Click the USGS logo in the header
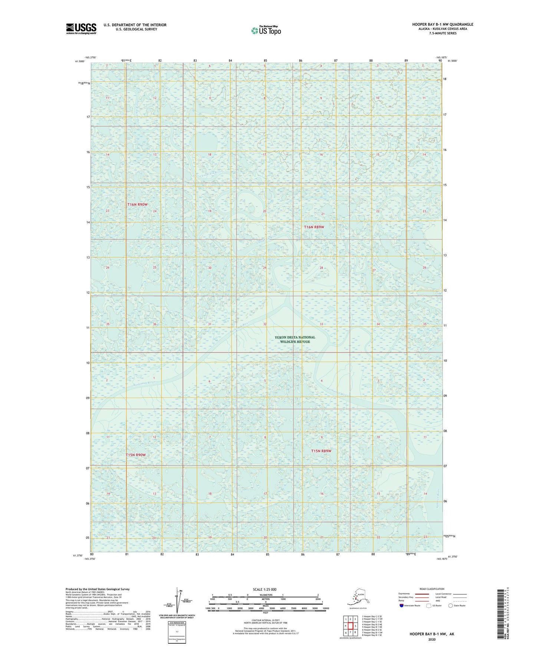[x=81, y=29]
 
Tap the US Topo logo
[x=266, y=30]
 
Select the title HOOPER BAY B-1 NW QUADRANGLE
[x=443, y=24]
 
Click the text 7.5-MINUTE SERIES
[x=443, y=33]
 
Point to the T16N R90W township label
[x=138, y=205]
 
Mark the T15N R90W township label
[x=135, y=455]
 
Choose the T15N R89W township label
[x=321, y=451]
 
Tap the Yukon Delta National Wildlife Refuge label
[x=295, y=339]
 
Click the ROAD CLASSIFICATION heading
[x=432, y=589]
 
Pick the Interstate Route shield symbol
[x=402, y=605]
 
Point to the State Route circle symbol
[x=451, y=605]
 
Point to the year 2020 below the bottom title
[x=432, y=639]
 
